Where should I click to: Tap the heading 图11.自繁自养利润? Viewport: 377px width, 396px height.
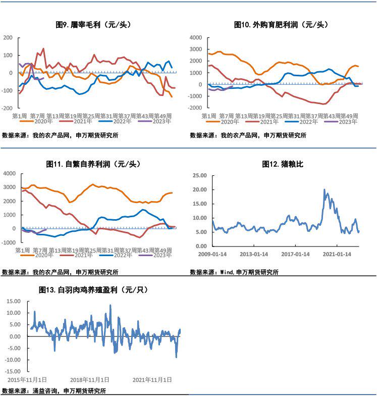coord(93,164)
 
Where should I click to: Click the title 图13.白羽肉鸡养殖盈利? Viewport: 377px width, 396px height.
coord(93,290)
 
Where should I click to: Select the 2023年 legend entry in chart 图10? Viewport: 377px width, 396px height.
coord(345,121)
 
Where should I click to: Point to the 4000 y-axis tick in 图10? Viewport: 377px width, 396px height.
coord(196,38)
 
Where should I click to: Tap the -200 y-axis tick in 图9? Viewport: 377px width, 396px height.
coord(8,108)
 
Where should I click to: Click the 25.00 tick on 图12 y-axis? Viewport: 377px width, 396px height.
coord(200,175)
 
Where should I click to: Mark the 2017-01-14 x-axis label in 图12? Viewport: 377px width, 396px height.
coord(295,254)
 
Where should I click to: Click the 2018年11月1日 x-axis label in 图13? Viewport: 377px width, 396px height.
coord(87,379)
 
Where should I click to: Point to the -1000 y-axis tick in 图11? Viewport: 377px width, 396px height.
coord(8,242)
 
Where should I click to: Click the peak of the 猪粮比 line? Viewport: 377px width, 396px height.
coord(324,189)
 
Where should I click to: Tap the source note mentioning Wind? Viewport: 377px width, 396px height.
coord(234,272)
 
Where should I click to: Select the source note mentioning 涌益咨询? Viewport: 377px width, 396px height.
coord(54,390)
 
